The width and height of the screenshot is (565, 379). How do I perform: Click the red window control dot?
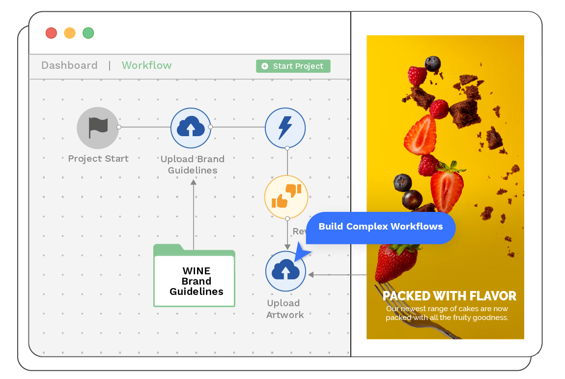(51, 33)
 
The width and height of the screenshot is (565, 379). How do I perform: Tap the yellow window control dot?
(70, 33)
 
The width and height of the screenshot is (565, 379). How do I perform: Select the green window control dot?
(88, 33)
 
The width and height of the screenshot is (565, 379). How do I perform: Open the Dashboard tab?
(69, 65)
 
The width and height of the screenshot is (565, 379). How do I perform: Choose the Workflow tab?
(146, 65)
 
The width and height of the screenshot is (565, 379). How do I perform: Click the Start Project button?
(293, 66)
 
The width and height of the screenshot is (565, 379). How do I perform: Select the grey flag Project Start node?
(98, 128)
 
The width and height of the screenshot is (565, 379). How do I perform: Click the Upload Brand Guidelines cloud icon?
(191, 128)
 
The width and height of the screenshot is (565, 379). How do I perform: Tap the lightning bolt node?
(285, 128)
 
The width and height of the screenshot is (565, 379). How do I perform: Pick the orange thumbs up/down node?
(286, 197)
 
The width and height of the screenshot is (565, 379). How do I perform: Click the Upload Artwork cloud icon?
(285, 271)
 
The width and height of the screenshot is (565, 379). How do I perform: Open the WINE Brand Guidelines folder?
(195, 278)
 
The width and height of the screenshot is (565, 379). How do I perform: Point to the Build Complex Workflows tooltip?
(380, 227)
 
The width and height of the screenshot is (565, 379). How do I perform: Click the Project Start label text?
(98, 159)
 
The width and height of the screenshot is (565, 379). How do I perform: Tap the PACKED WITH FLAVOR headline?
(449, 296)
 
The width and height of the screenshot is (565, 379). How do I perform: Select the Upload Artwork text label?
(284, 309)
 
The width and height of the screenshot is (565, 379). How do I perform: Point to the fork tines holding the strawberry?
(388, 290)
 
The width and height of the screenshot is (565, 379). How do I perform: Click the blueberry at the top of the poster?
(433, 63)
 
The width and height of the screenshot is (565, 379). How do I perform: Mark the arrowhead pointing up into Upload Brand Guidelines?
(194, 182)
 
